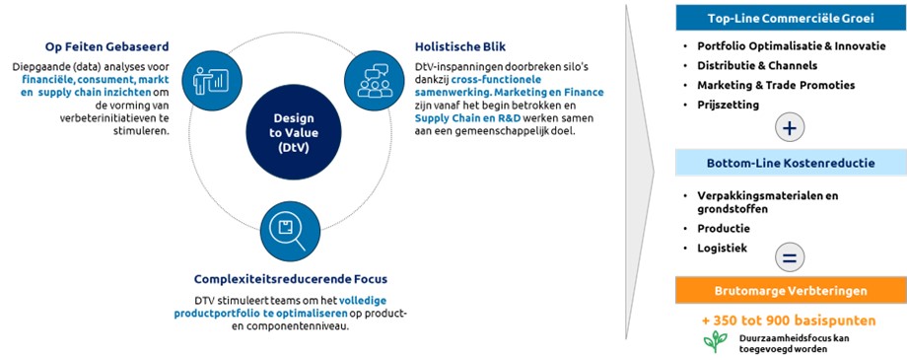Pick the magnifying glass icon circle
pyautogui.click(x=291, y=232)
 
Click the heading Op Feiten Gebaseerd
pyautogui.click(x=107, y=47)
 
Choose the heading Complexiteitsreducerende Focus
pyautogui.click(x=291, y=279)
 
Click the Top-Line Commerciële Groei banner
pyautogui.click(x=790, y=19)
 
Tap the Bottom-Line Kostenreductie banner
pyautogui.click(x=790, y=164)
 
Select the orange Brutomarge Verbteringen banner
pyautogui.click(x=790, y=291)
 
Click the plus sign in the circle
pyautogui.click(x=790, y=128)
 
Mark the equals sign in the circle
pyautogui.click(x=790, y=258)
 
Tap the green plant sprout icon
pyautogui.click(x=716, y=341)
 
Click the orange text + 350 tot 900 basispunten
pyautogui.click(x=789, y=321)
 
